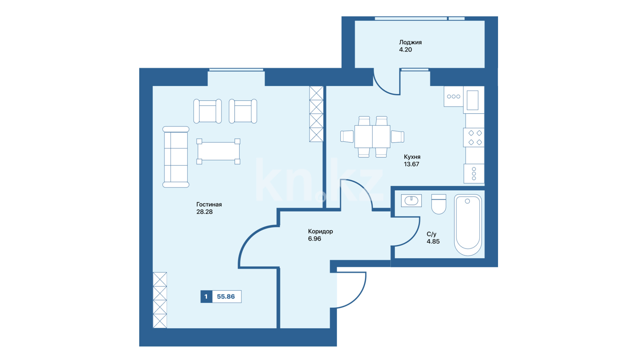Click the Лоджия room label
(410, 42)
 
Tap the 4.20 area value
(405, 50)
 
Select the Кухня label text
(412, 157)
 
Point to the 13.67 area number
(411, 164)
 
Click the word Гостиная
(209, 204)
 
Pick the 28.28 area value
(204, 212)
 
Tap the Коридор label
(320, 231)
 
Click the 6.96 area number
(314, 239)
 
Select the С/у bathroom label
(431, 234)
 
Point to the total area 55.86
(226, 297)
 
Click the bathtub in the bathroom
(468, 225)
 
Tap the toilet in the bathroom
(439, 204)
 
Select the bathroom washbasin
(411, 201)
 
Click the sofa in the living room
(176, 157)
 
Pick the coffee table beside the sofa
(218, 151)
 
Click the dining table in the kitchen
(372, 137)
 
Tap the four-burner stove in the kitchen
(474, 138)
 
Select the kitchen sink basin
(473, 100)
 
